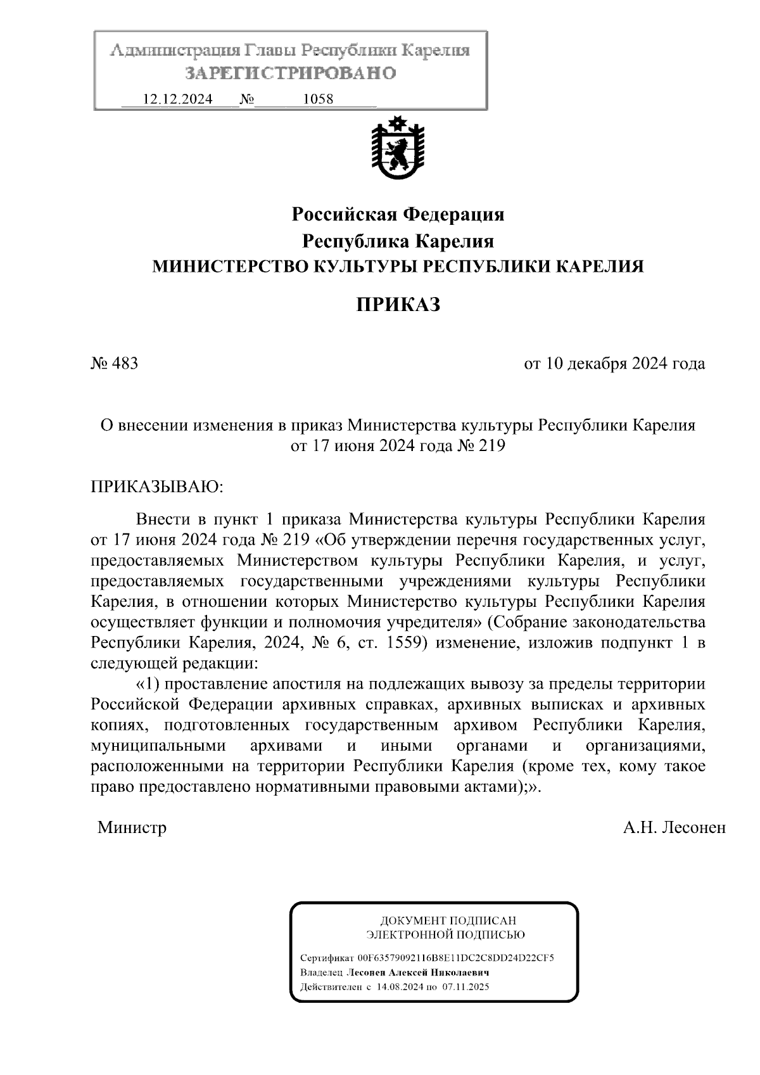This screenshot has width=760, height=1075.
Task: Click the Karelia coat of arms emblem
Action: [398, 148]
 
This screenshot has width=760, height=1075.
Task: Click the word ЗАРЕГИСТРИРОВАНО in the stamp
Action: [290, 73]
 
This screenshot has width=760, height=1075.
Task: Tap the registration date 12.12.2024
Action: [178, 99]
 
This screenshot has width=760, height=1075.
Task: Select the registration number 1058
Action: [319, 99]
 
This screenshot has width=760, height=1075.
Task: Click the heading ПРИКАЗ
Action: [398, 305]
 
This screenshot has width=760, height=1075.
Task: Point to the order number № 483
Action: [115, 364]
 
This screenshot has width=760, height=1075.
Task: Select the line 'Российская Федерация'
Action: [398, 215]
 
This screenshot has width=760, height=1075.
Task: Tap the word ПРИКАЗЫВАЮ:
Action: [158, 487]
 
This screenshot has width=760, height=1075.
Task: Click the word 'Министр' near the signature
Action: [132, 827]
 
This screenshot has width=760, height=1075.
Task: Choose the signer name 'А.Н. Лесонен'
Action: [674, 827]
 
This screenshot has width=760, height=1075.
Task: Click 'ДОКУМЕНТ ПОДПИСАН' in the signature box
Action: [448, 920]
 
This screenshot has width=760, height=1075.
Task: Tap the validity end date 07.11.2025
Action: [465, 987]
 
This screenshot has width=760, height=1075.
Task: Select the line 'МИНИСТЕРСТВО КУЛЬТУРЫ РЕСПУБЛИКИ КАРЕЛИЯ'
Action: [398, 267]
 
